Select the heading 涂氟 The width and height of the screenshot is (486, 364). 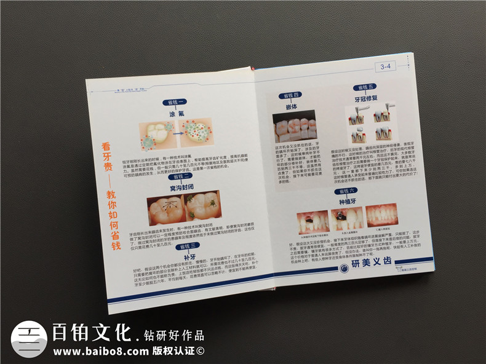[177, 114]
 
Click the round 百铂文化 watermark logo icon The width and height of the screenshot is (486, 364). [29, 339]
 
